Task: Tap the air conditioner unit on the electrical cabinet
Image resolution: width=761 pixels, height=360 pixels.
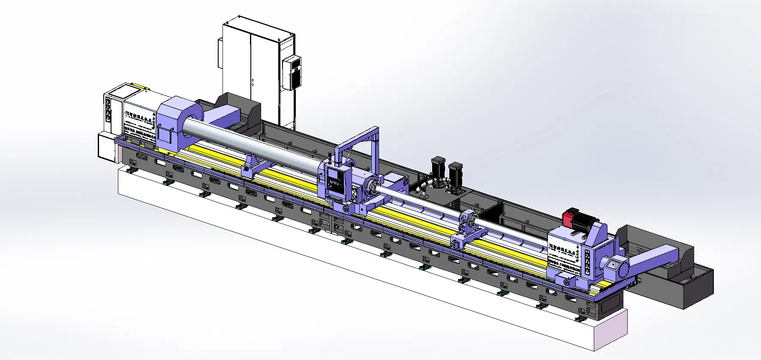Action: pos(292,72)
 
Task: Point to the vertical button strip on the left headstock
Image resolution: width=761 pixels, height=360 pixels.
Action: pos(108,109)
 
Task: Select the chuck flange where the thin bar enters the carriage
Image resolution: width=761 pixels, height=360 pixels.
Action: pos(371,188)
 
